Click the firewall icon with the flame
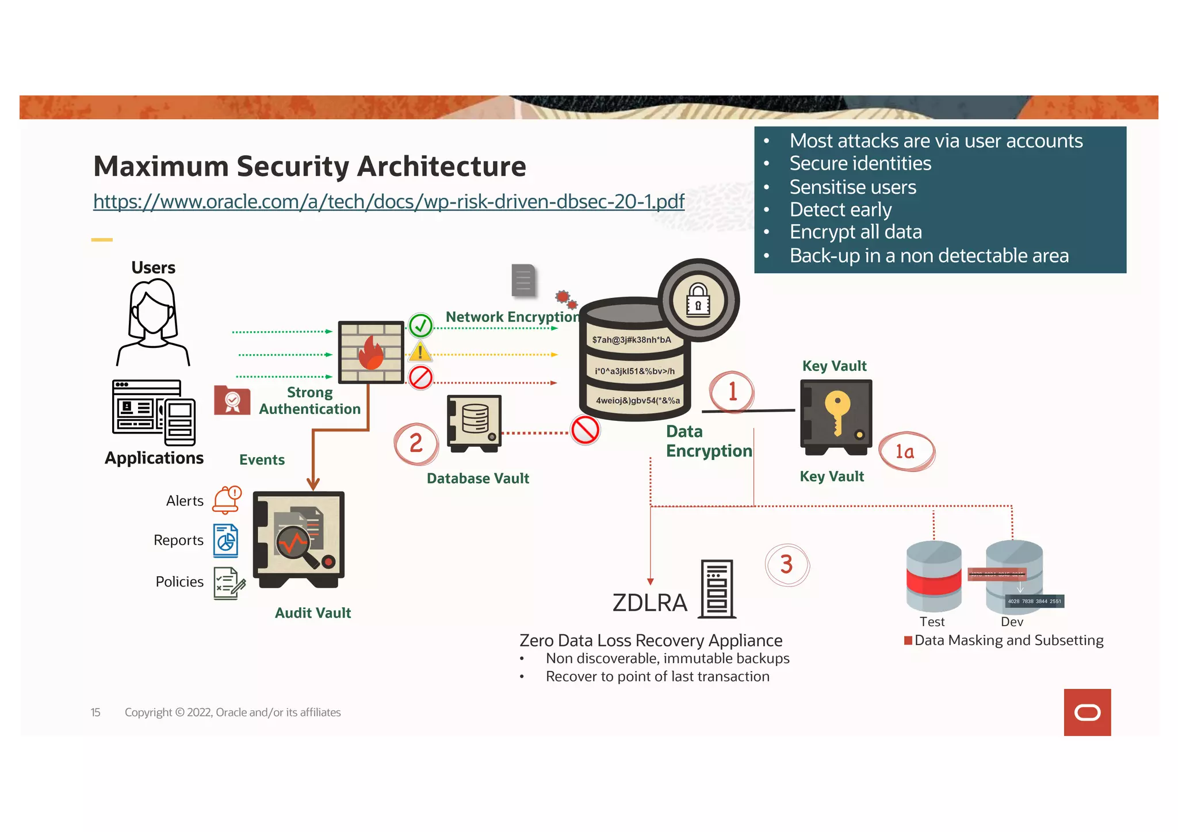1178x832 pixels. (370, 352)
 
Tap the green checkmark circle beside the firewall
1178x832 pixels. (420, 326)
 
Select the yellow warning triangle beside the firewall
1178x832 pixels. (420, 352)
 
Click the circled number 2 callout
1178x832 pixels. (416, 443)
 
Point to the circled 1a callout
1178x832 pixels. (906, 452)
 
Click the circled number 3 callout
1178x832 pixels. (787, 565)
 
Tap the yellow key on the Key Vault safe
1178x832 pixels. (837, 411)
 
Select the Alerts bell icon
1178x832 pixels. (227, 500)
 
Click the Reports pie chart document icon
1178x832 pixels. (225, 540)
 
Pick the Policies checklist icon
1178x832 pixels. (228, 583)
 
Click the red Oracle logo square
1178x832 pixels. (1087, 712)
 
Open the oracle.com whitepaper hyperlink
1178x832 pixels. (388, 201)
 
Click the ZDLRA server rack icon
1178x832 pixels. (717, 589)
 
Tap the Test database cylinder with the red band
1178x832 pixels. (933, 577)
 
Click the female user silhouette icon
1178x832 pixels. (153, 322)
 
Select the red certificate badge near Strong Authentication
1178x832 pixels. (232, 400)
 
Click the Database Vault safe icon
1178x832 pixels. (475, 423)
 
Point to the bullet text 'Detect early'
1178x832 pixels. (840, 210)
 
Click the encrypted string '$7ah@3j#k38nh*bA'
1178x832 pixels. (632, 340)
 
